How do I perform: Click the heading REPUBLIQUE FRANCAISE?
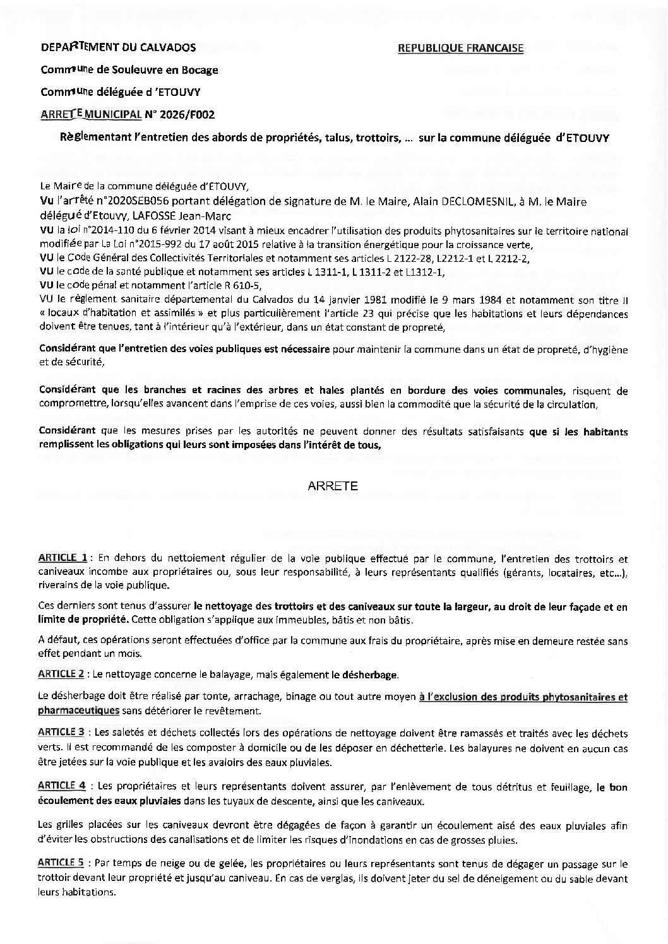point(460,48)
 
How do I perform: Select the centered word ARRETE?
point(333,486)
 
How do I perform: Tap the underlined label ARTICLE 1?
point(63,558)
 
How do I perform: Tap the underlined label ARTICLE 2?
point(61,673)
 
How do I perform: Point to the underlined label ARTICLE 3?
point(61,733)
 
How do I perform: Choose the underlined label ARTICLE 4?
point(61,786)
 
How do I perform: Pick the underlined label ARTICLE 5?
point(61,862)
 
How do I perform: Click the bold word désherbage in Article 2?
point(369,675)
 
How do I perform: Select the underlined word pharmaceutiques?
point(79,710)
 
